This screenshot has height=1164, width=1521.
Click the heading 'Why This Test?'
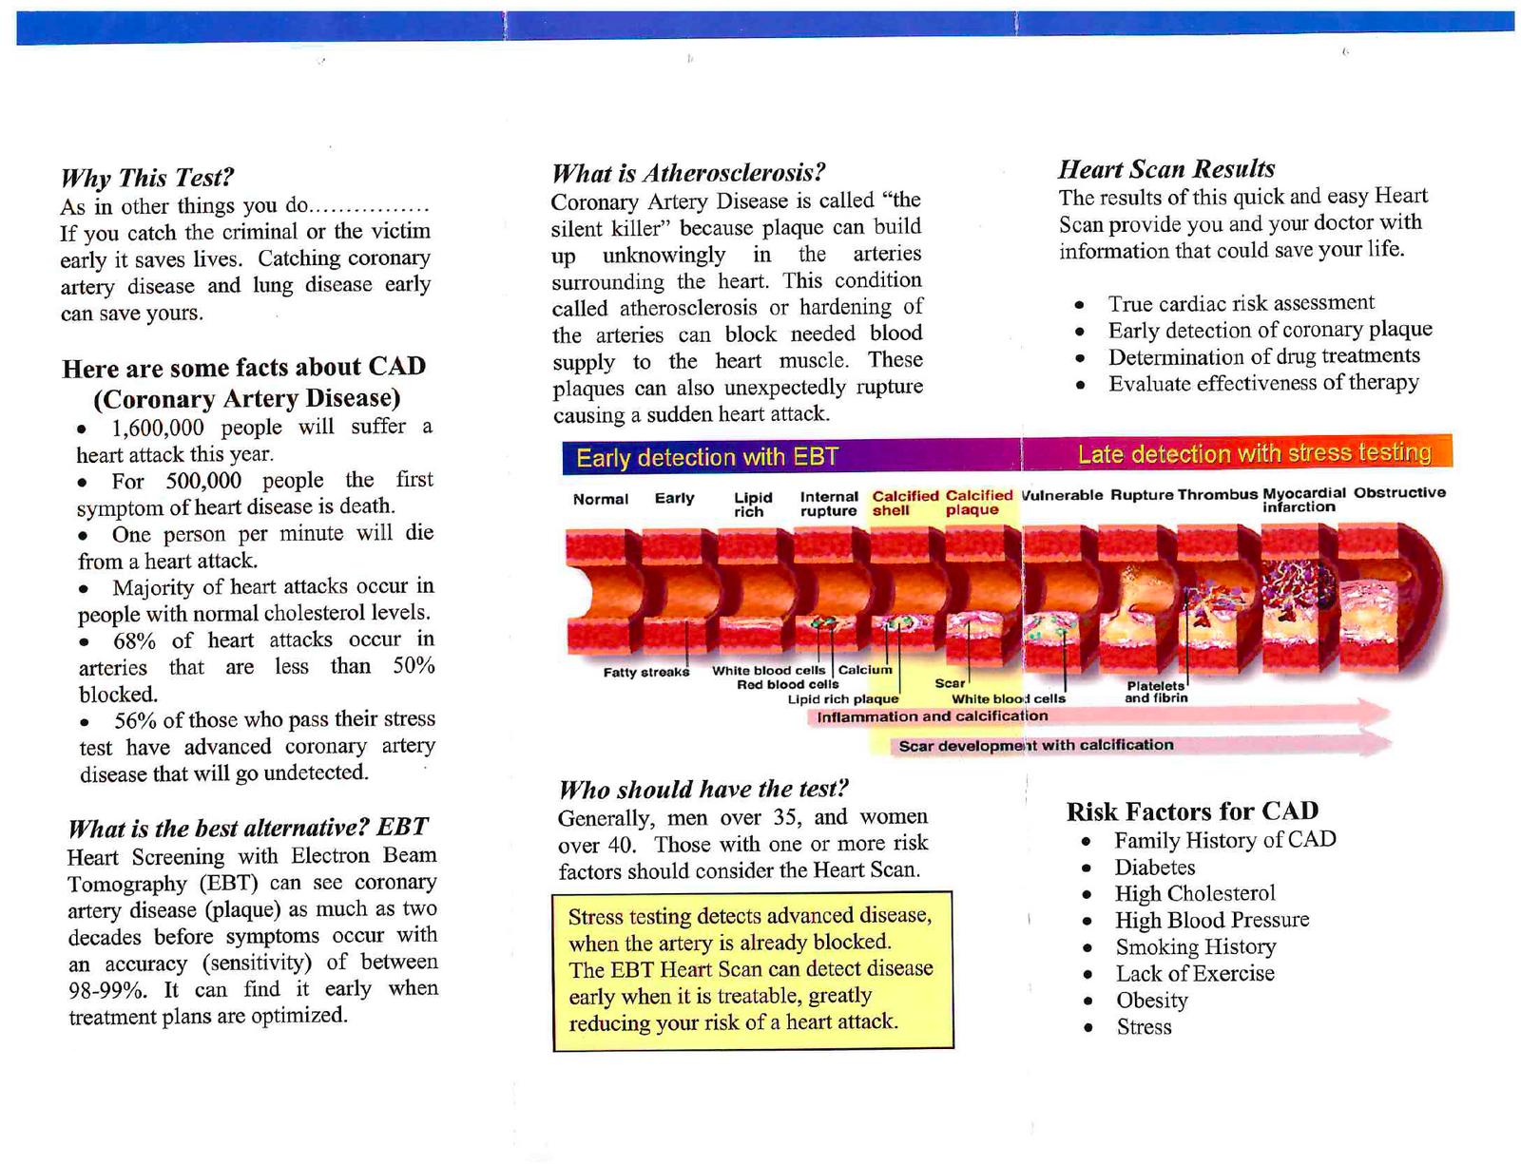146,178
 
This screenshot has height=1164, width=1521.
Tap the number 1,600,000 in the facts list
157,428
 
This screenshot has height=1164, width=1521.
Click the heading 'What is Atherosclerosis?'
687,173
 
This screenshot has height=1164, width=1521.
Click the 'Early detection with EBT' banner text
707,458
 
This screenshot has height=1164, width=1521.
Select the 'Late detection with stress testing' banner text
1253,454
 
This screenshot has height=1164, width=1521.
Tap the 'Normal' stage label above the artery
600,499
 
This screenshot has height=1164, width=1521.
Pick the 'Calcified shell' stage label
904,503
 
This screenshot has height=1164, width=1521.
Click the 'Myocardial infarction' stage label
1302,500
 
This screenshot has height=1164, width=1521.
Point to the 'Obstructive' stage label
1399,492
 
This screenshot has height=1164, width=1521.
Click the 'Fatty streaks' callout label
645,673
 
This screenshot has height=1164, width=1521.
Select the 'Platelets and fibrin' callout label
1156,692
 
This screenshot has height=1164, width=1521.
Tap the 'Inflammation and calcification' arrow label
932,716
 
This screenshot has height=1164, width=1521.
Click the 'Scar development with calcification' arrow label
1035,745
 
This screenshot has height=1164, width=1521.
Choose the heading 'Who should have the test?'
703,790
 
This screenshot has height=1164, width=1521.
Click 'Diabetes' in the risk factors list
1154,868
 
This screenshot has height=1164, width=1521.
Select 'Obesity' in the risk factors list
1151,1001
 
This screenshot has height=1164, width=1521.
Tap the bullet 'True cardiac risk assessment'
1241,303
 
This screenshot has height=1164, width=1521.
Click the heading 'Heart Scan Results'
1166,169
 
